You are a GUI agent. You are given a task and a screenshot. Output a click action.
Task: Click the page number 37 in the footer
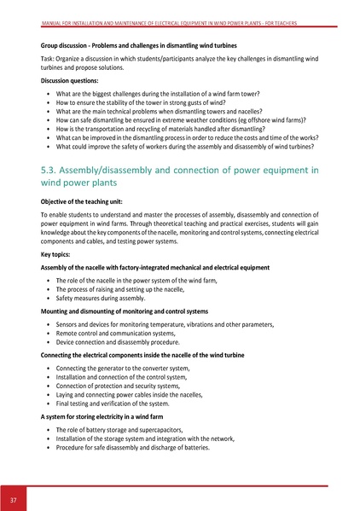click(x=14, y=498)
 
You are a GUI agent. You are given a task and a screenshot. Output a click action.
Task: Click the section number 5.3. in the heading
click(x=54, y=170)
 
